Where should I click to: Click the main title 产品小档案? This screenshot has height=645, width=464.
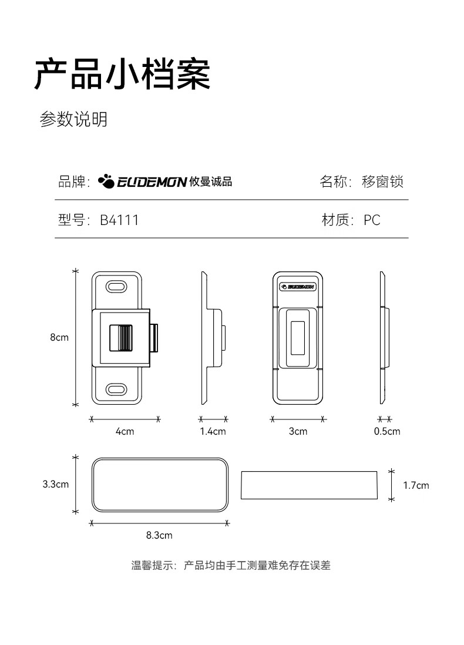[123, 74]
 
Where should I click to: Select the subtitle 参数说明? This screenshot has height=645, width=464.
[73, 119]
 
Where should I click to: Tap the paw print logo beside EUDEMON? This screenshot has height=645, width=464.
[106, 181]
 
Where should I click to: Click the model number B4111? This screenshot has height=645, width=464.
[119, 220]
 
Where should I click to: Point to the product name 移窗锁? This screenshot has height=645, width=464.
[382, 182]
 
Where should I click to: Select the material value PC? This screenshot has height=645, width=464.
[372, 220]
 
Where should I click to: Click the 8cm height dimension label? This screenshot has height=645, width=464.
[59, 337]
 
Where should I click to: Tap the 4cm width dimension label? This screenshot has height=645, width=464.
[125, 431]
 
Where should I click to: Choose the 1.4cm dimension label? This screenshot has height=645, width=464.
[213, 431]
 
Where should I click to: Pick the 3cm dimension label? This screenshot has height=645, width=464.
[298, 431]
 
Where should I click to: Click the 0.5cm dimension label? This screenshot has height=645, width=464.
[387, 431]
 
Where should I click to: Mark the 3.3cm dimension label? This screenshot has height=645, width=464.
[56, 484]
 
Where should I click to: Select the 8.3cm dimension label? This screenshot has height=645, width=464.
[159, 535]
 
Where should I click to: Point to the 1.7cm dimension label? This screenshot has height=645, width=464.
[416, 485]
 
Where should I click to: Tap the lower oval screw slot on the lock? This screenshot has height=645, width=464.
[116, 389]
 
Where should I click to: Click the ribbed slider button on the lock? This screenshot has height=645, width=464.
[121, 338]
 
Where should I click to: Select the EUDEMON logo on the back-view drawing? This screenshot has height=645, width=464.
[298, 286]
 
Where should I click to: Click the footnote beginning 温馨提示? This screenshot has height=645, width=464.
[231, 565]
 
